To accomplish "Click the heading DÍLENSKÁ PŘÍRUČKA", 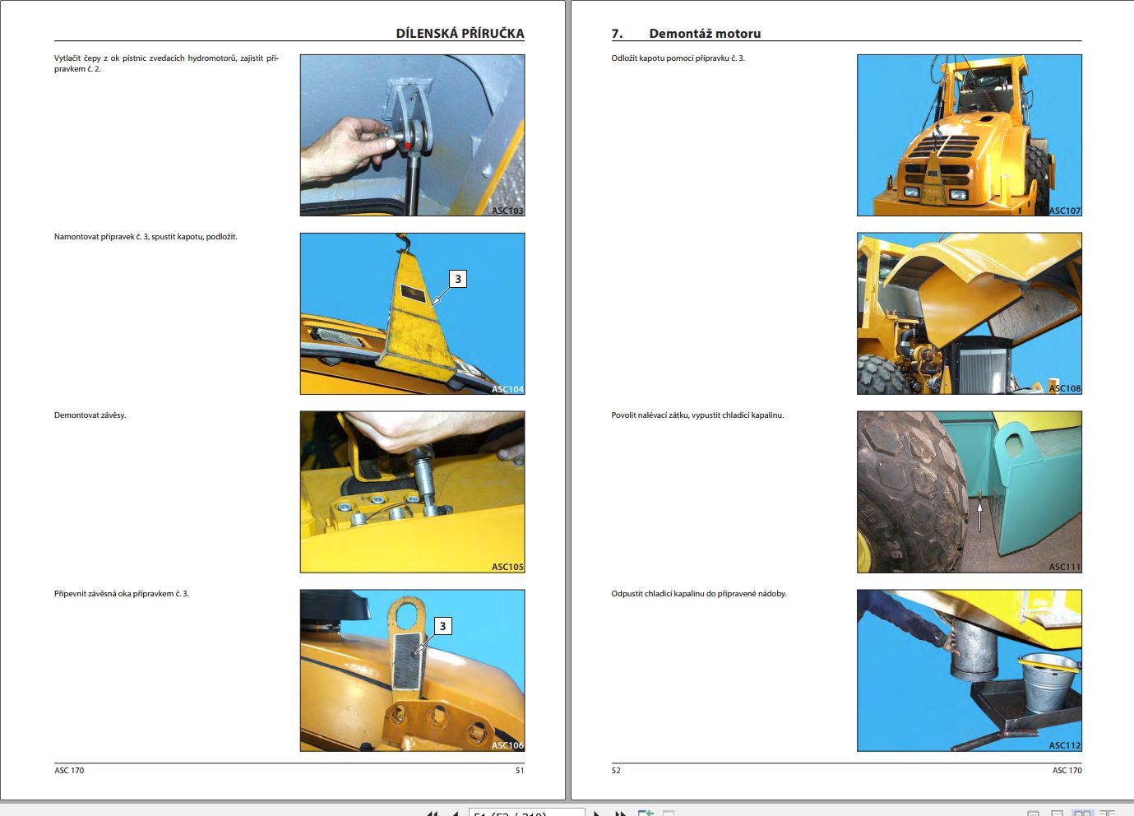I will (x=460, y=34).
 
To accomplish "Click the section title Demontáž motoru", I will (x=705, y=34).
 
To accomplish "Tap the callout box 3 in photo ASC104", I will (x=458, y=279).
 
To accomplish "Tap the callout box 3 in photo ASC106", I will (x=442, y=626).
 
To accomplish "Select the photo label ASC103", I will (x=507, y=211).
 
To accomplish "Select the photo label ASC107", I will (x=1064, y=211).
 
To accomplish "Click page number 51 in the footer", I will (x=519, y=771).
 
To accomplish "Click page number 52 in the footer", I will (x=616, y=771).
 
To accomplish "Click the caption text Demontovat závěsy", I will (x=90, y=415).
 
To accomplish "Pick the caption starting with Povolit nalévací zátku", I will (x=697, y=415).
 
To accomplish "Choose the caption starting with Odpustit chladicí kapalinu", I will (x=698, y=594).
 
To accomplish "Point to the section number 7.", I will (x=617, y=34).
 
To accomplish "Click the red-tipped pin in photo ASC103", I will (x=406, y=145).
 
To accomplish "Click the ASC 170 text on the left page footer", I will (x=69, y=771).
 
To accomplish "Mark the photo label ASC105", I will (x=507, y=567).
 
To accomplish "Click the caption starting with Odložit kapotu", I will (x=678, y=58).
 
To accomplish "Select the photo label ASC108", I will (x=1064, y=388).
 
